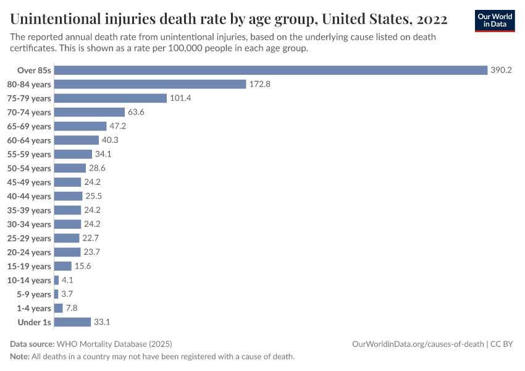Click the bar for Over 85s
[271, 70]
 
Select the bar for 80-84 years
[150, 84]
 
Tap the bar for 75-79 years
[111, 98]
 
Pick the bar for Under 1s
[72, 322]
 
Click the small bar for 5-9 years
[56, 294]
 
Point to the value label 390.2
[501, 70]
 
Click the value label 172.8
[259, 84]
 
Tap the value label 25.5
[94, 196]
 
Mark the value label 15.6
[83, 266]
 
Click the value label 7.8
[71, 308]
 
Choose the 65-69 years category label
[32, 126]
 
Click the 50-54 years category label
[32, 168]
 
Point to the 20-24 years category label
[32, 252]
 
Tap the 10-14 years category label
[32, 280]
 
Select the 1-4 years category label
[34, 308]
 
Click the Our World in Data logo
[494, 20]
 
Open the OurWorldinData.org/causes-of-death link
[418, 344]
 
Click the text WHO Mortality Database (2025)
[114, 344]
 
